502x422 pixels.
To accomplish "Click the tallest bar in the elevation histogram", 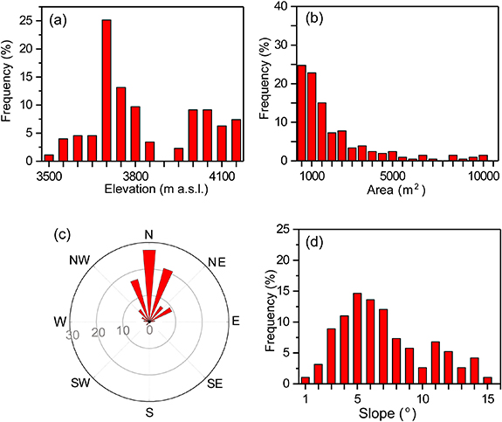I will pyautogui.click(x=107, y=91).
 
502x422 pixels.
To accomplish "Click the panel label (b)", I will pyautogui.click(x=313, y=17).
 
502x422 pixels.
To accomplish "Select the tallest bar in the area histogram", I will pyautogui.click(x=302, y=113).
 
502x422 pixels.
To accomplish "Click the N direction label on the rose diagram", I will pyautogui.click(x=149, y=234).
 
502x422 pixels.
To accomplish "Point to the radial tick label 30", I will pyautogui.click(x=73, y=334).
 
